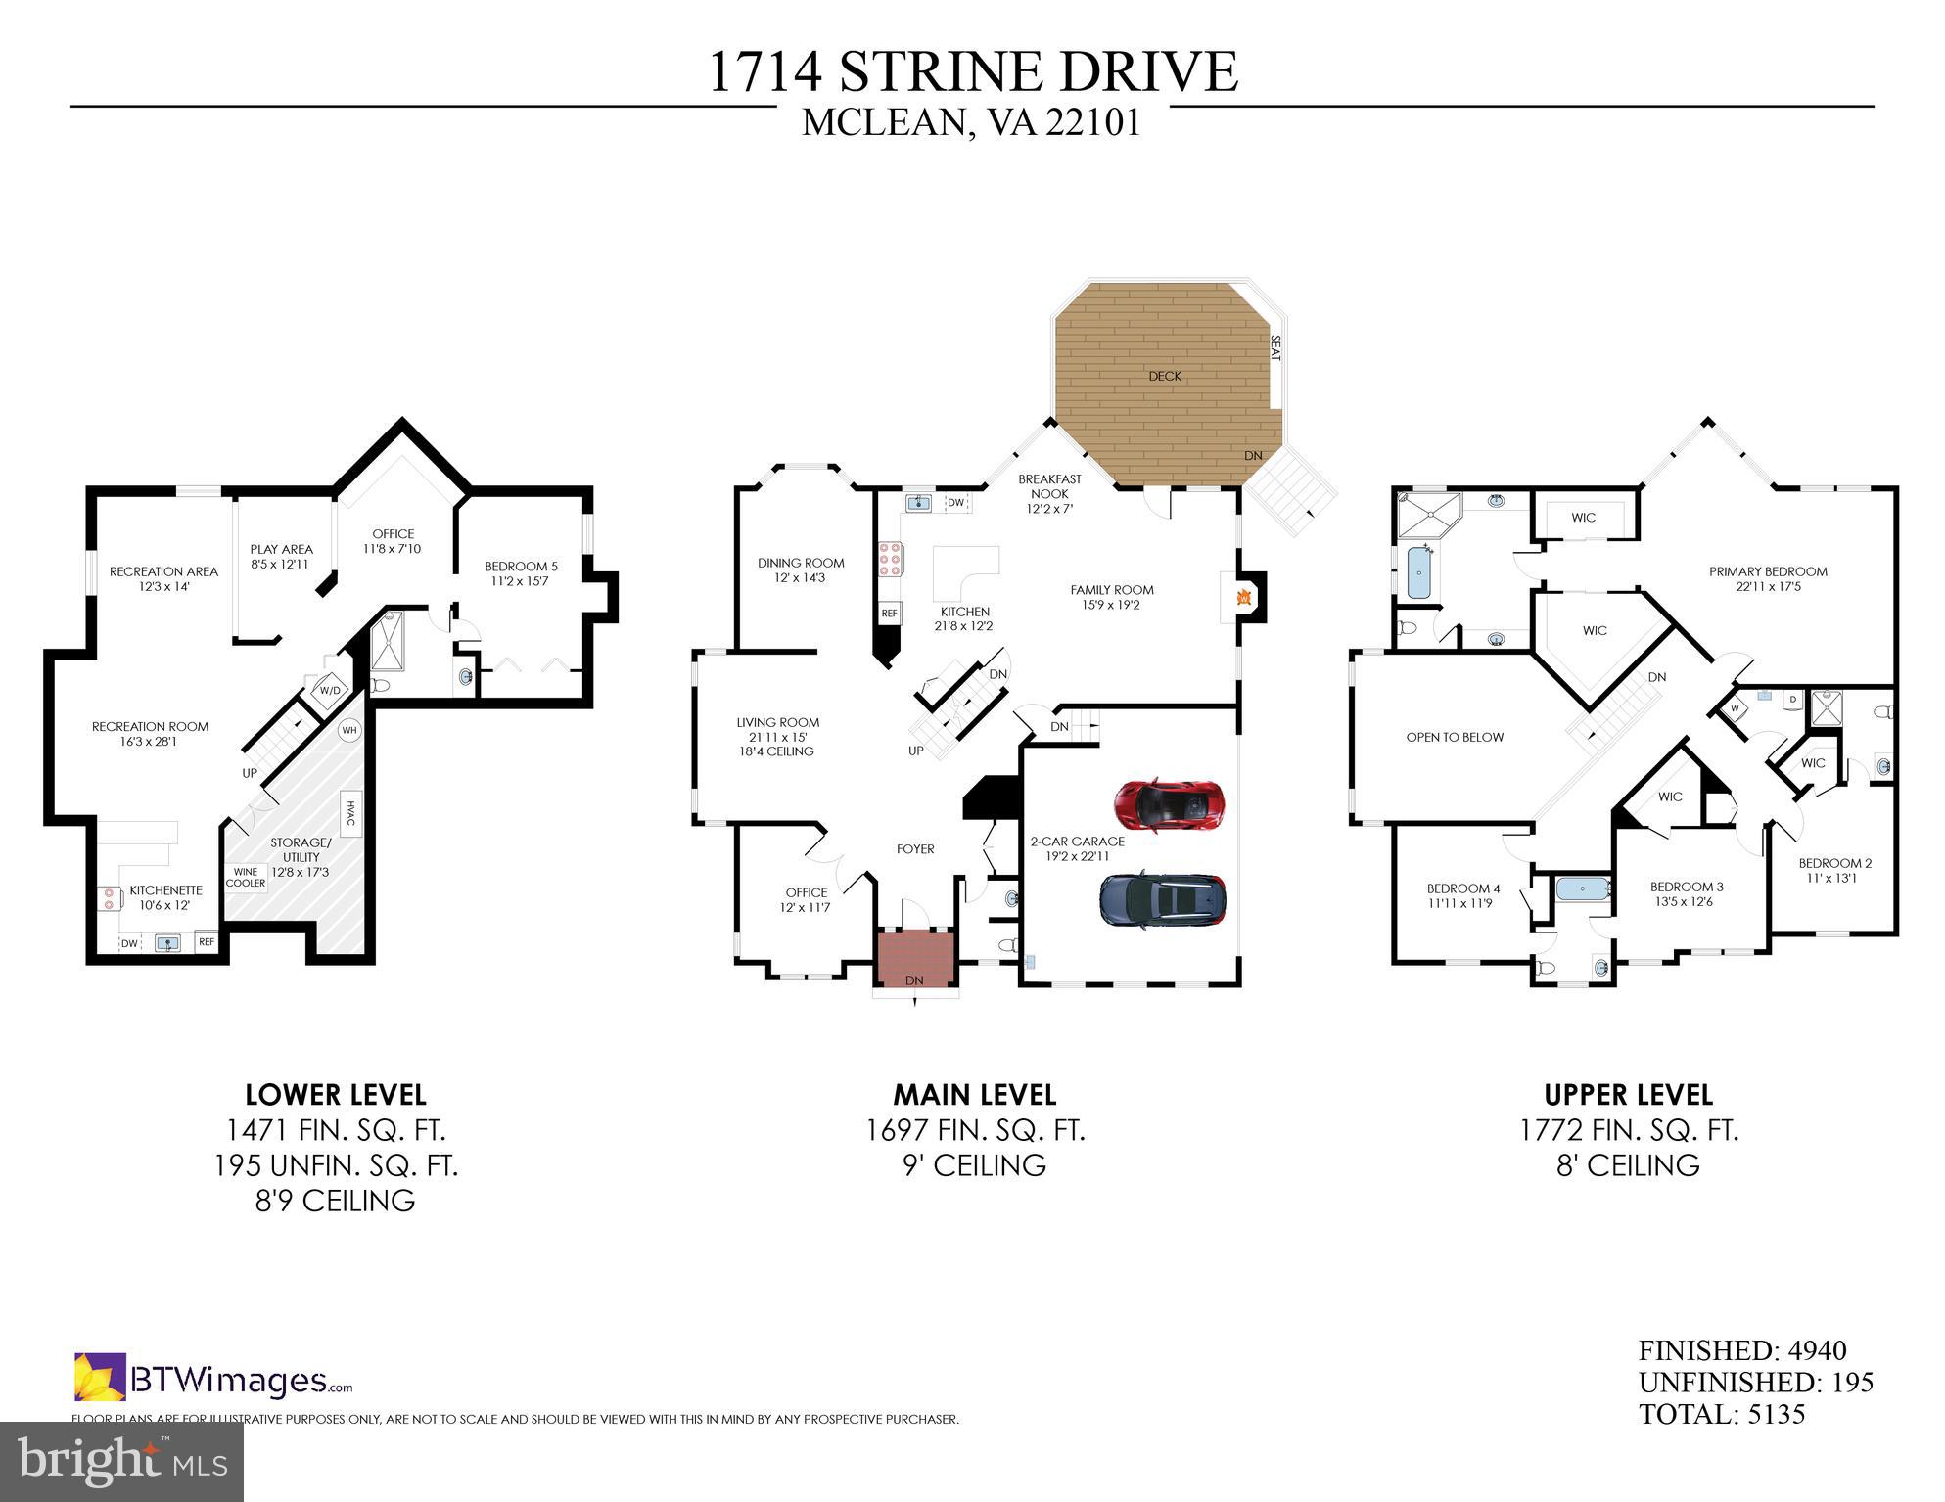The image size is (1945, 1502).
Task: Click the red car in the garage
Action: pyautogui.click(x=1169, y=805)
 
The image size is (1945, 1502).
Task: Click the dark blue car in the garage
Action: pyautogui.click(x=1163, y=899)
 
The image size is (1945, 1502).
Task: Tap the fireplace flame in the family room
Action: pyautogui.click(x=1244, y=597)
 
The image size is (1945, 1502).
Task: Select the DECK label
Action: pyautogui.click(x=1165, y=376)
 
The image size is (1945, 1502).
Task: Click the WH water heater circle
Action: pyautogui.click(x=349, y=730)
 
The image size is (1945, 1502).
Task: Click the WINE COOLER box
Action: pyautogui.click(x=246, y=877)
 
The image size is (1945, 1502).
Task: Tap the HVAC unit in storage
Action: pyautogui.click(x=350, y=813)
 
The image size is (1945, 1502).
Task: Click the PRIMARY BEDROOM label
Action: pyautogui.click(x=1768, y=572)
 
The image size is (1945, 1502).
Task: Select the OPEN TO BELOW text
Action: pyautogui.click(x=1455, y=737)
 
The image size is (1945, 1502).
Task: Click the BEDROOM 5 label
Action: pyautogui.click(x=521, y=567)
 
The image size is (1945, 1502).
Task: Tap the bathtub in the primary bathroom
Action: pyautogui.click(x=1415, y=571)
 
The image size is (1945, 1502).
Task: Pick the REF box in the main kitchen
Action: pyautogui.click(x=889, y=614)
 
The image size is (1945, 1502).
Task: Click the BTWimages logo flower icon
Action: pyautogui.click(x=100, y=1378)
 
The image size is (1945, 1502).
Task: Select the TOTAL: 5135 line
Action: pyautogui.click(x=1722, y=1414)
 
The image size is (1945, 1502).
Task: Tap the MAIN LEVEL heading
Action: pyautogui.click(x=974, y=1094)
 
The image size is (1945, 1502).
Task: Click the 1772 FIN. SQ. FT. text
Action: pyautogui.click(x=1628, y=1130)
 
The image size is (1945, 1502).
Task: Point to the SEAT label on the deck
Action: pyautogui.click(x=1274, y=348)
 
